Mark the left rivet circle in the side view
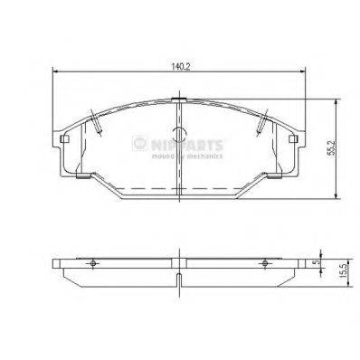pyautogui.click(x=92, y=263)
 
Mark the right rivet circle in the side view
pyautogui.click(x=264, y=263)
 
